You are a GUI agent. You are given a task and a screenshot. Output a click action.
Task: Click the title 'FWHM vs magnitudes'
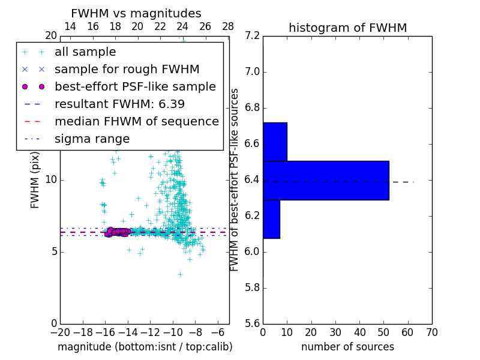[136, 14]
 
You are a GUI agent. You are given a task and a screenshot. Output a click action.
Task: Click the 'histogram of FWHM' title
[347, 28]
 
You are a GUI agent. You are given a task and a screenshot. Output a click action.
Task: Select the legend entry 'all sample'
[85, 52]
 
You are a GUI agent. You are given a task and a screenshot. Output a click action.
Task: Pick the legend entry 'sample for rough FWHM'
[127, 70]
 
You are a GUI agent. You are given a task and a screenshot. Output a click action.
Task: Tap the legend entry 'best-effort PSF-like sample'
[135, 87]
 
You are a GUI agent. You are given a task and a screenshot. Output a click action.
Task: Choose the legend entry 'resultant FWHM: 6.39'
[119, 104]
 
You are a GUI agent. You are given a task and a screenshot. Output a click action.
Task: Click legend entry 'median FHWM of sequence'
[136, 122]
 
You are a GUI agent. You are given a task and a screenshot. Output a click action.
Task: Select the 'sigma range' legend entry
[92, 139]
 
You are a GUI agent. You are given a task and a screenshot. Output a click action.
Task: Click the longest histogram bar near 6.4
[326, 181]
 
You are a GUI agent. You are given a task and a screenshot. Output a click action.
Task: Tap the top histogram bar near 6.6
[275, 142]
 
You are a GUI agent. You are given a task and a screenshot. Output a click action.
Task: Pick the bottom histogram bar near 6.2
[271, 219]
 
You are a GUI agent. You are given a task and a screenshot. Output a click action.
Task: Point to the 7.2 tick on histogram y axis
[253, 36]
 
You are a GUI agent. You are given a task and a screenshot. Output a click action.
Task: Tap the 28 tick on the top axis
[228, 26]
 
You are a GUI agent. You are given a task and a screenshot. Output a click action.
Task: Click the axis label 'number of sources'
[347, 347]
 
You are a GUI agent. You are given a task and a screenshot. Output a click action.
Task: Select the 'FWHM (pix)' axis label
[35, 180]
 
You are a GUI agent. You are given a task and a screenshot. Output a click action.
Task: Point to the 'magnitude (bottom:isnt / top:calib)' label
[145, 347]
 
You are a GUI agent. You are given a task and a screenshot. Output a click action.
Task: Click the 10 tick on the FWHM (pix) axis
[50, 180]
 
